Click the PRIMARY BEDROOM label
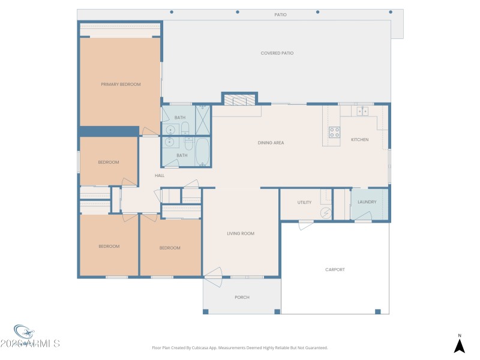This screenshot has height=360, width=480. (121, 85)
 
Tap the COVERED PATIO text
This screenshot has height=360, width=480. (277, 53)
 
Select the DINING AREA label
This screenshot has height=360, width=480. (271, 143)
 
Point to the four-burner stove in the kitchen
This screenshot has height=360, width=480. (334, 132)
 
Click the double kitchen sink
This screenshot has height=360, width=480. (362, 111)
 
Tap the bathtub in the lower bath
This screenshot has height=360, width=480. (202, 151)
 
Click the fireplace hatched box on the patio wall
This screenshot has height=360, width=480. (240, 100)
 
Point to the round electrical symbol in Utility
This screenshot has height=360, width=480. (326, 212)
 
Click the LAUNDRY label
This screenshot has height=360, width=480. (367, 202)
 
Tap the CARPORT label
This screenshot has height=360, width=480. (335, 270)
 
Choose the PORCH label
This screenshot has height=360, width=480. (242, 298)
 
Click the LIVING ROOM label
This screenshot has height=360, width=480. (241, 233)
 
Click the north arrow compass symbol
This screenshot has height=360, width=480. (459, 345)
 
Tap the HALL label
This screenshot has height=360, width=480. (160, 176)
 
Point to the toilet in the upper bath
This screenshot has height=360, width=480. (185, 128)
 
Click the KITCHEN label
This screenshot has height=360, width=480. (359, 140)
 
